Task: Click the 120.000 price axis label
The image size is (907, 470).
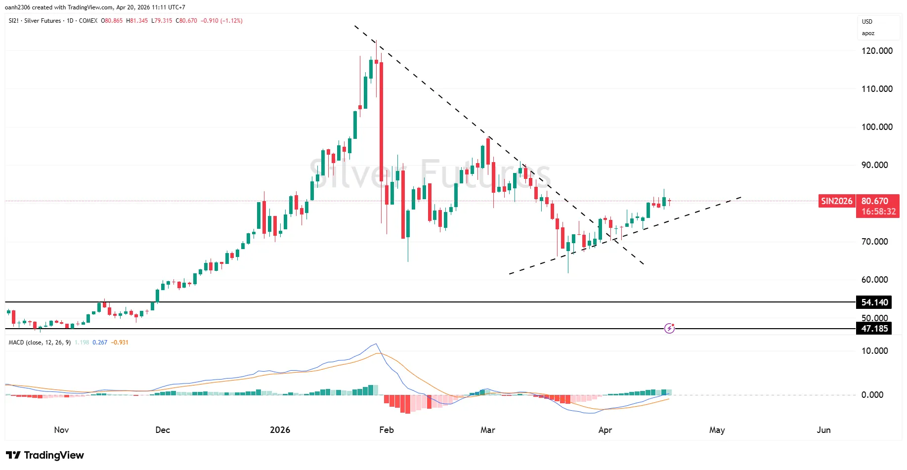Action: (877, 51)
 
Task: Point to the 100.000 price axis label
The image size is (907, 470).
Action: (877, 127)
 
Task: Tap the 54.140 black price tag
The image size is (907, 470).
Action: (874, 302)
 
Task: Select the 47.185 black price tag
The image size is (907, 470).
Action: (874, 329)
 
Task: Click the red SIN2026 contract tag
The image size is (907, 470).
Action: (837, 201)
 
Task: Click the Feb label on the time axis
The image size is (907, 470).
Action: (387, 430)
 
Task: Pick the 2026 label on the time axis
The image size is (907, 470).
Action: (280, 430)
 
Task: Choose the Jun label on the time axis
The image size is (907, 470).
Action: (823, 430)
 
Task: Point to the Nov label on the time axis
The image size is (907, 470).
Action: (61, 430)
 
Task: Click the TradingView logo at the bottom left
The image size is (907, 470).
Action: (45, 455)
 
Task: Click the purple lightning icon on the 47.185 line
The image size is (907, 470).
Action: (669, 328)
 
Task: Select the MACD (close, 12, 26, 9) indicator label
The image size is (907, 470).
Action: (40, 342)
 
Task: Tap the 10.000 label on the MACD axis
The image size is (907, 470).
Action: (874, 351)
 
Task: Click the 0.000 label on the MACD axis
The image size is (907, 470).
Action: (872, 395)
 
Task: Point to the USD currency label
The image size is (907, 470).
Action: (867, 22)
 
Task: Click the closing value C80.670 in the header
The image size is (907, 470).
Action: (186, 21)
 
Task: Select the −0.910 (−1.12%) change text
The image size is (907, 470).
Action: (221, 21)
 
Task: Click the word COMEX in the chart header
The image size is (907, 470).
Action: (88, 21)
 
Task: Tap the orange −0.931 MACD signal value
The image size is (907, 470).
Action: (120, 342)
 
